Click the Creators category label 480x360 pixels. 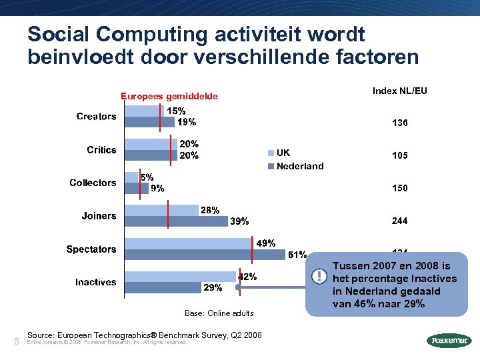coord(96,117)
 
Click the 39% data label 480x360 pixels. coord(239,221)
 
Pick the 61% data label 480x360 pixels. coord(297,254)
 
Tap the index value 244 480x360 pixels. coord(400,221)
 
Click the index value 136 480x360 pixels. coord(400,123)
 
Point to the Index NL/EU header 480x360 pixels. coord(400,91)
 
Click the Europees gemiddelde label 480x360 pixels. coord(169,97)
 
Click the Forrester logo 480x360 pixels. coord(447,341)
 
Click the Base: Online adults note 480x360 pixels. coord(219,313)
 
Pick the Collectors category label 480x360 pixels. coord(93,183)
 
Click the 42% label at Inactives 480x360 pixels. coord(247,276)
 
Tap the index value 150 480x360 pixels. coord(400,188)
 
